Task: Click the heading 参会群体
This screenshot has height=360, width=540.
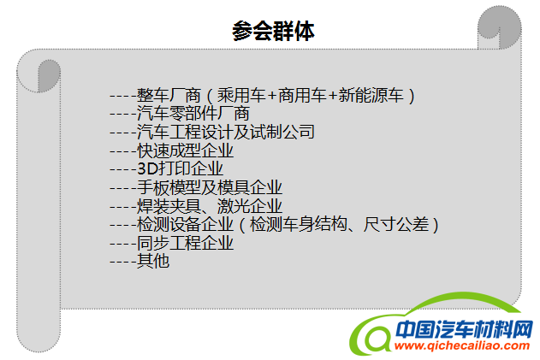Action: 274,31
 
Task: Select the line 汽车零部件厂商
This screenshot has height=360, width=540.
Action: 180,113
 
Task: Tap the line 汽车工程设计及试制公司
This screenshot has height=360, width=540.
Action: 212,132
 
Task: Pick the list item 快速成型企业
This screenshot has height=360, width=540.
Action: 171,150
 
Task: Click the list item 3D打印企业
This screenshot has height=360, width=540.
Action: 166,168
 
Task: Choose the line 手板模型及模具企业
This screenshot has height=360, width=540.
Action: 196,187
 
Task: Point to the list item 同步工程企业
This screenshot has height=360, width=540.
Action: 171,243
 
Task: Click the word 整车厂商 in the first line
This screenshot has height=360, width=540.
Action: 169,95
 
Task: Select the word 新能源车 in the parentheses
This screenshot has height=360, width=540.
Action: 371,95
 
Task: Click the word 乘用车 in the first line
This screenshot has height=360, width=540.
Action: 241,95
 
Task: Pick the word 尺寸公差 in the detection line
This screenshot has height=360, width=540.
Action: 396,224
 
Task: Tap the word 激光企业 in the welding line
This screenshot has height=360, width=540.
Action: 250,206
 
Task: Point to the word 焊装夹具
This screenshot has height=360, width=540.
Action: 169,206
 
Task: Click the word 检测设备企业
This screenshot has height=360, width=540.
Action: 186,224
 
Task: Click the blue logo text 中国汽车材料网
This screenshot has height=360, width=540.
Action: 465,329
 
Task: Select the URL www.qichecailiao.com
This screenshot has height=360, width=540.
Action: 462,345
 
